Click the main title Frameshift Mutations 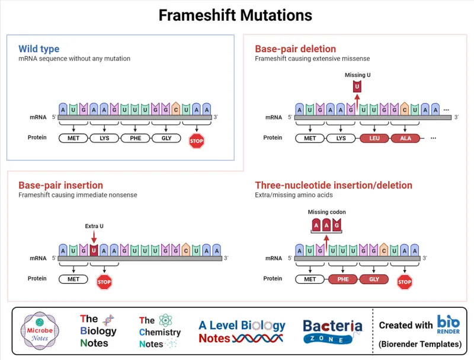tap(235, 15)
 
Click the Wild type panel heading tap(39, 49)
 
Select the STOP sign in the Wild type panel tap(196, 140)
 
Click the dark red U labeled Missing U tap(357, 87)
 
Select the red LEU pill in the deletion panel tap(374, 138)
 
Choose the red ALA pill tap(405, 138)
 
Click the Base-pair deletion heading tap(295, 49)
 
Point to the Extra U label tap(94, 226)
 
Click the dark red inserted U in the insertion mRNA tap(94, 250)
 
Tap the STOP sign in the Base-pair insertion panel tap(104, 282)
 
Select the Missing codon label tap(326, 212)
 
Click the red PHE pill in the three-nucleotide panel tap(342, 279)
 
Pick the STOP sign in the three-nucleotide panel tap(405, 282)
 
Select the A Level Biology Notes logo tap(242, 332)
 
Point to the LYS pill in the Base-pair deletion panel tap(341, 138)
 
